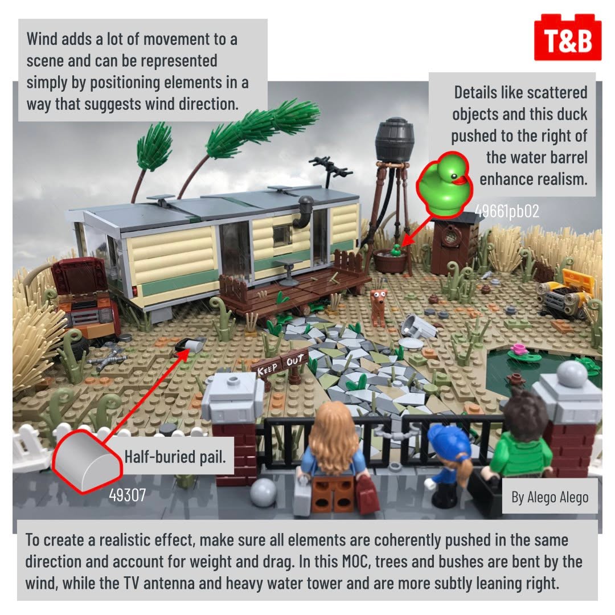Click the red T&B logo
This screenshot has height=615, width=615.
point(568,38)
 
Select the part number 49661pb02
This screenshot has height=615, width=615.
point(507,211)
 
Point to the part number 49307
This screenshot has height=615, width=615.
point(127,495)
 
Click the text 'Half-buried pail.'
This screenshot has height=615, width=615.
point(175,457)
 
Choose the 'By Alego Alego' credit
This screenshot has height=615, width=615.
point(550,497)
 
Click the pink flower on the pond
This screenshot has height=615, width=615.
point(519,348)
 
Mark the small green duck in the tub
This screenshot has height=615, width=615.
point(396,250)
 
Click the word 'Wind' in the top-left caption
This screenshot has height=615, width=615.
point(42,39)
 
